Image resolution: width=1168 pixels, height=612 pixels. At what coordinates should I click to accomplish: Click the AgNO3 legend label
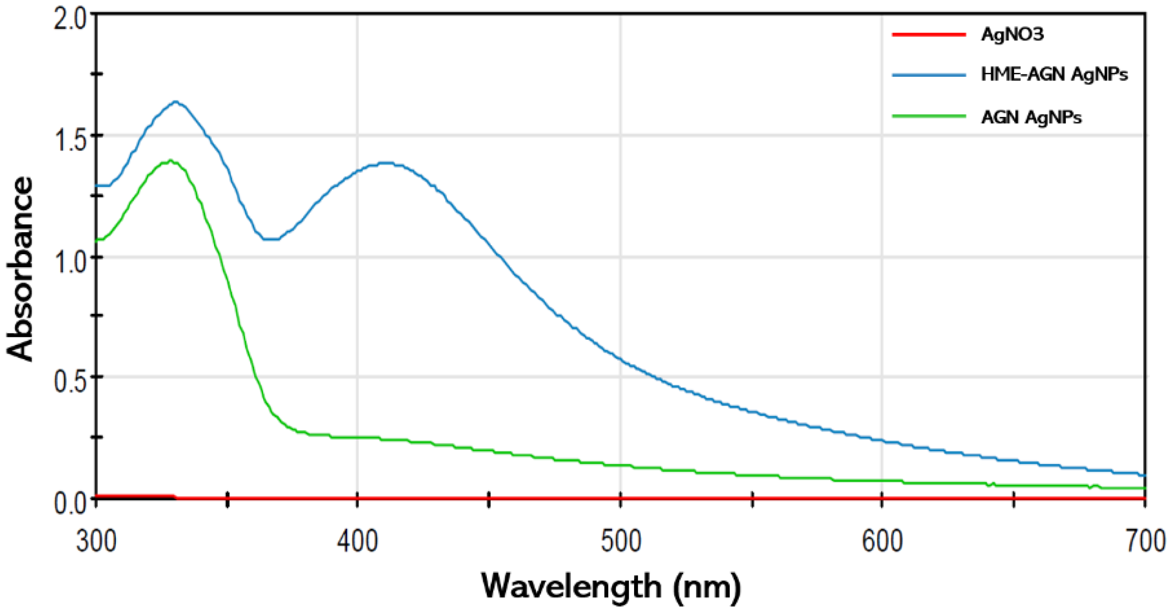pos(1012,34)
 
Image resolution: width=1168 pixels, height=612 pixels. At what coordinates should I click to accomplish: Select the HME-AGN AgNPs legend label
pos(1054,74)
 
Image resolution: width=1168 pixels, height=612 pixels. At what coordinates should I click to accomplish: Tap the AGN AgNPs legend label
pos(1031,117)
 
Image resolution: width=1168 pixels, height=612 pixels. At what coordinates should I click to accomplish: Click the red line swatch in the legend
pos(929,34)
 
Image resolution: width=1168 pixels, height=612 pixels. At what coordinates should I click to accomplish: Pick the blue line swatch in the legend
pos(929,75)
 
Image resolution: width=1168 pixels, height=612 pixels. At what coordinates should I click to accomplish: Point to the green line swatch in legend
pos(929,116)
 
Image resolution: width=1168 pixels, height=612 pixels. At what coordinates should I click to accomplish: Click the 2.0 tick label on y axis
pos(71,21)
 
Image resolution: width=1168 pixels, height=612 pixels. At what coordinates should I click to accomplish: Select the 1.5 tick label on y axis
pos(71,141)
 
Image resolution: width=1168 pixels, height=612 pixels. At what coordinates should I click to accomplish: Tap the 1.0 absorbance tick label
pos(71,262)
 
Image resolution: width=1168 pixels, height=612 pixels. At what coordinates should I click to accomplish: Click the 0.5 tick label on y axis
pos(71,382)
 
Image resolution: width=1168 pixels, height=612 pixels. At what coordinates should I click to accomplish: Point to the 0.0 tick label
pos(71,503)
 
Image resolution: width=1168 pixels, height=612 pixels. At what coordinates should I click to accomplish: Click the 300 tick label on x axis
pos(96,542)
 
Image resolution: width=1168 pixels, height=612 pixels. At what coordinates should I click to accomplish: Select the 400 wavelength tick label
pos(358,542)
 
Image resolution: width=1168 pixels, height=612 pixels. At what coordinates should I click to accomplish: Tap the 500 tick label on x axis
pos(621,542)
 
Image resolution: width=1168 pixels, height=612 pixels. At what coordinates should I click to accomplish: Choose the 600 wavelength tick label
pos(882,542)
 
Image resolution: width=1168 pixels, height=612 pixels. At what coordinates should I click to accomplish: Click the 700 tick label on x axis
pos(1144,542)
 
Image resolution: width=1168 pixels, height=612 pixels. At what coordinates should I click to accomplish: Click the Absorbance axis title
pos(20,269)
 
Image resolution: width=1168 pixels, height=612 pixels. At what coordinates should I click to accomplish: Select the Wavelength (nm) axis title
pos(611,586)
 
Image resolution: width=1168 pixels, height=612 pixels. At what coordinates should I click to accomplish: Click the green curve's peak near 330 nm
pos(170,161)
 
